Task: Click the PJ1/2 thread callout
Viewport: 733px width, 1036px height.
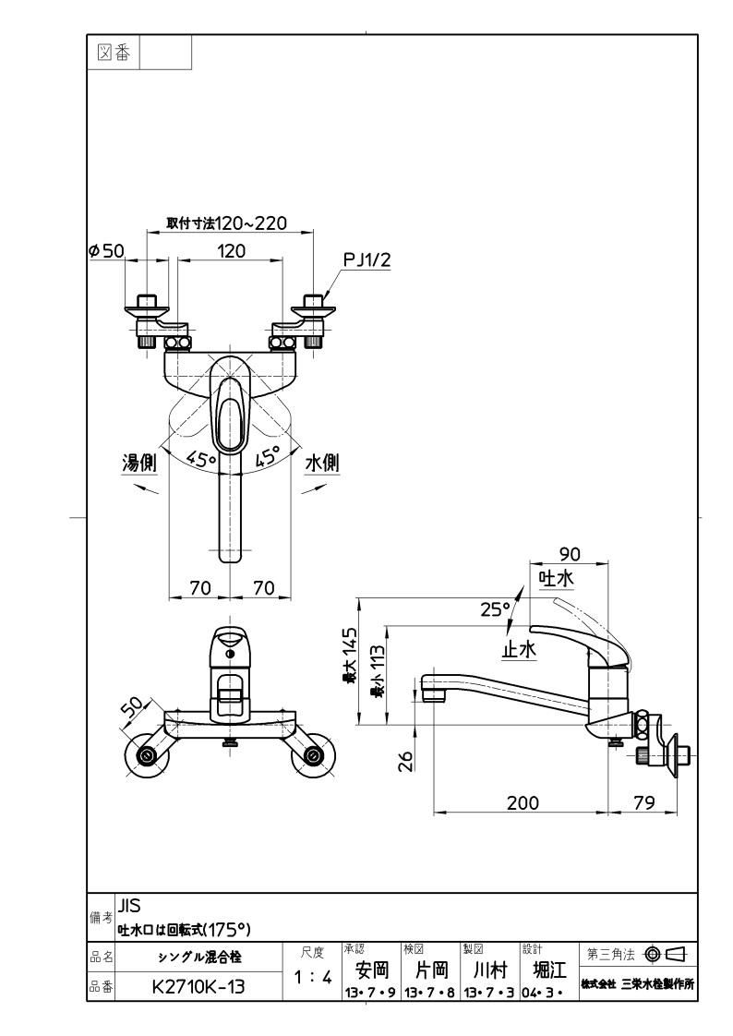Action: pyautogui.click(x=366, y=260)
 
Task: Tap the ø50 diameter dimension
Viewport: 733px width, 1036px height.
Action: pyautogui.click(x=106, y=250)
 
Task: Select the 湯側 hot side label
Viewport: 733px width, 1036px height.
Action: pyautogui.click(x=139, y=463)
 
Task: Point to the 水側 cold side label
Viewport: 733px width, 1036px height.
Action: pyautogui.click(x=321, y=463)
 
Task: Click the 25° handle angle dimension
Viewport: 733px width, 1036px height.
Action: pyautogui.click(x=496, y=608)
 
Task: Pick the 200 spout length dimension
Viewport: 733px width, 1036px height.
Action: pyautogui.click(x=523, y=802)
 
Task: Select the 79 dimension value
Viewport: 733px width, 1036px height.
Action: pyautogui.click(x=643, y=802)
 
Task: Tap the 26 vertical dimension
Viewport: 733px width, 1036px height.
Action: pyautogui.click(x=406, y=761)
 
